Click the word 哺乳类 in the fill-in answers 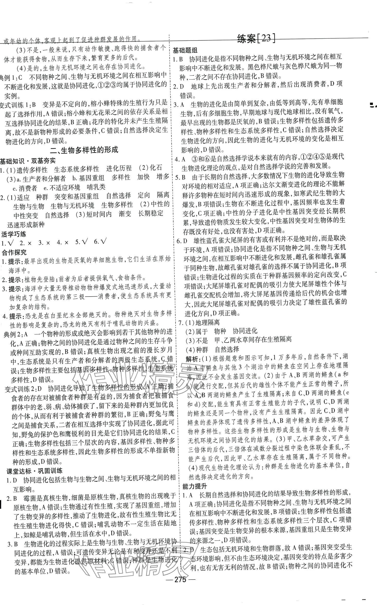point(96,187)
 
